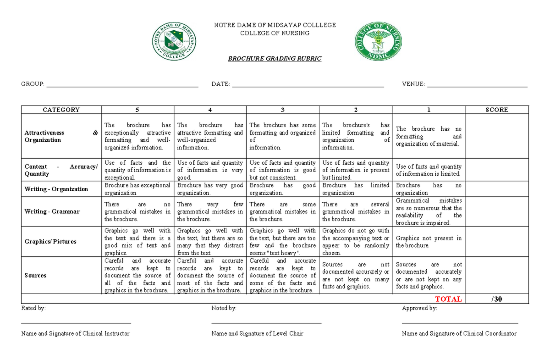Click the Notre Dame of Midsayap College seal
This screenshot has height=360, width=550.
tap(175, 41)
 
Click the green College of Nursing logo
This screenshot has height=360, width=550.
tap(378, 41)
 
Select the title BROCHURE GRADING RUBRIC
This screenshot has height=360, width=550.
tap(275, 59)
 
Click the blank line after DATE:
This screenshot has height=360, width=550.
tap(308, 85)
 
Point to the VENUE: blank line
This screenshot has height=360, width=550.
tap(477, 85)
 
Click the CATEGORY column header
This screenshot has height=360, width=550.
tap(61, 110)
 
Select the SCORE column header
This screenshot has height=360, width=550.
tap(497, 110)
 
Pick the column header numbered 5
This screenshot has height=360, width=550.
tap(137, 110)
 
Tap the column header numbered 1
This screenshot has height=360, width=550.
tap(429, 110)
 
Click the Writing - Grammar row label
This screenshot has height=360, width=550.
tap(52, 211)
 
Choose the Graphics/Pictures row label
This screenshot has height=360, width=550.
tap(50, 241)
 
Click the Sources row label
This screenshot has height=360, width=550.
tap(35, 275)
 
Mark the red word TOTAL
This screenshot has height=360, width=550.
tap(448, 299)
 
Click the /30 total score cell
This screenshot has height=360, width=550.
tap(496, 299)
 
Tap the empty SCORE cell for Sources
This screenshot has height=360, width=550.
tap(497, 275)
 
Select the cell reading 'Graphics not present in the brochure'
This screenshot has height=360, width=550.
tap(429, 242)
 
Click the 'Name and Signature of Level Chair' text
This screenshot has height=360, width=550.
tap(257, 333)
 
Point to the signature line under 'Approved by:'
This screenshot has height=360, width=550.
tap(460, 324)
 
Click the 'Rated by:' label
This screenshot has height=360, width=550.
tap(33, 308)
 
